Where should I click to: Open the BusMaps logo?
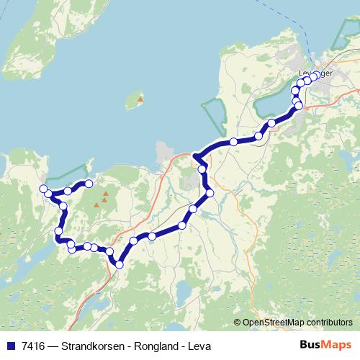(x=325, y=346)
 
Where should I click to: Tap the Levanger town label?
(x=315, y=73)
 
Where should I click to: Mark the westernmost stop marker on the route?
(x=43, y=189)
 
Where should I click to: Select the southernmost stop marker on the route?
(x=119, y=265)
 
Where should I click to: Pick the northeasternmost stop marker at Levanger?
(x=315, y=75)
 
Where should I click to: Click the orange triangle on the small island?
(x=140, y=99)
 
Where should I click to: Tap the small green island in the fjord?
(x=134, y=103)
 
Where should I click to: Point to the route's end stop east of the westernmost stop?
(x=89, y=184)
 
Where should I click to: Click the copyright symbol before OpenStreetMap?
(x=238, y=323)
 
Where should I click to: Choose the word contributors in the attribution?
(x=327, y=323)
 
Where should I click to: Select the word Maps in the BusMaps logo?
(x=338, y=346)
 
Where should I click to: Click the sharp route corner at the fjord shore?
(x=195, y=156)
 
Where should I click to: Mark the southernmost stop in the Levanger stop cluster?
(x=298, y=107)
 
